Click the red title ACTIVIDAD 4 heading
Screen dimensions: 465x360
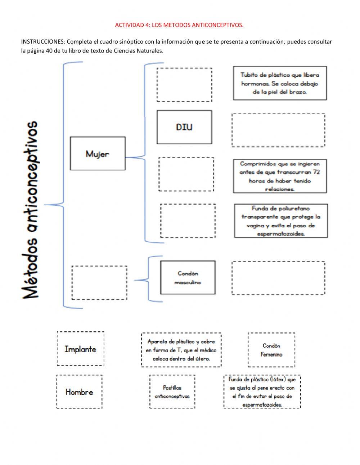[x=179, y=25]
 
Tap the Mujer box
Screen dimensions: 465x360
[x=98, y=153]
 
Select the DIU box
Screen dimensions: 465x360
[x=184, y=127]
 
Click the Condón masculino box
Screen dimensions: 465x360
[x=188, y=278]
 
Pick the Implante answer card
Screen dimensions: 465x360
[x=80, y=349]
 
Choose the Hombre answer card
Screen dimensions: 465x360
[x=79, y=392]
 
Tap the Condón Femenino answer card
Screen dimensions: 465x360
[x=271, y=350]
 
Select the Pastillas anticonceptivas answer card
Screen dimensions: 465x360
[x=172, y=392]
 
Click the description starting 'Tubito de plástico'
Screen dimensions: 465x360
[x=280, y=83]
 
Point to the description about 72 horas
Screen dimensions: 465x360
[x=280, y=176]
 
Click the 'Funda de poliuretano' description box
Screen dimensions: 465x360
[x=281, y=221]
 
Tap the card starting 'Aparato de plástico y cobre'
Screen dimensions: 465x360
[x=181, y=350]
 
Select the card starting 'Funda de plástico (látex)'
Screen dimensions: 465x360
[x=262, y=392]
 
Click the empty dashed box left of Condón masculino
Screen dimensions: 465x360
[x=99, y=283]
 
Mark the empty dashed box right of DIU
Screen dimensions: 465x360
[x=278, y=130]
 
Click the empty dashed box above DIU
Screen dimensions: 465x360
[x=184, y=85]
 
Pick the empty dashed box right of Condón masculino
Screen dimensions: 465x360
[x=278, y=278]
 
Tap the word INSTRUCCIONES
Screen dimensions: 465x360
[x=43, y=41]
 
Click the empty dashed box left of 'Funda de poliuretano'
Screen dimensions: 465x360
[x=188, y=221]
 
